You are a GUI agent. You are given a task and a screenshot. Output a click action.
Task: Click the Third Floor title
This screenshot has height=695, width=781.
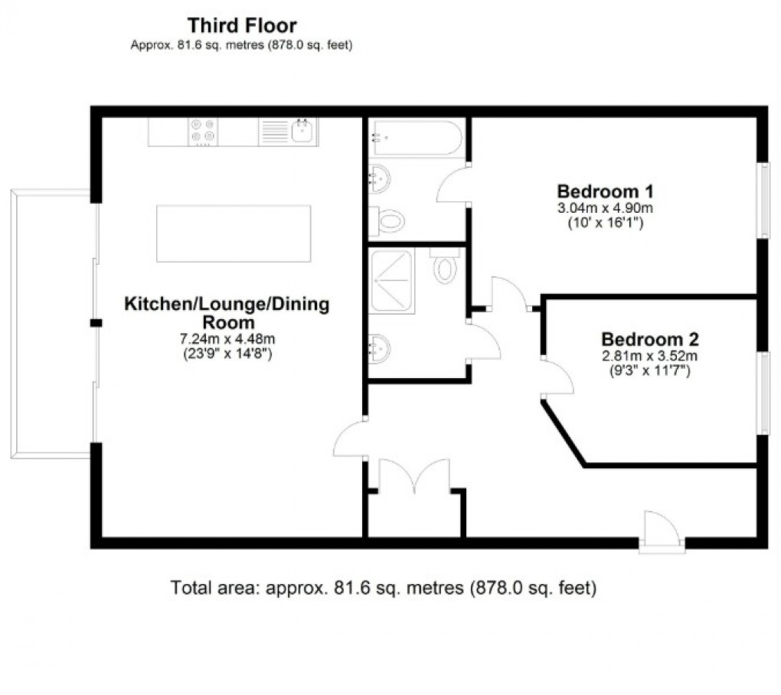point(242,27)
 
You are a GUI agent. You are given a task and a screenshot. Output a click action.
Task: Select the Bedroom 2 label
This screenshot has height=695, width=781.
point(650,338)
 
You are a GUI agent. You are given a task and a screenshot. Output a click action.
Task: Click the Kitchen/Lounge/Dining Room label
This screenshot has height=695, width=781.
point(227,312)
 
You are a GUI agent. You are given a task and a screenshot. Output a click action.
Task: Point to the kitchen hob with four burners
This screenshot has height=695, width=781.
point(203,132)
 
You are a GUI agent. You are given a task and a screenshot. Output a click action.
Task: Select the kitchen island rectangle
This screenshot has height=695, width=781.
point(234,233)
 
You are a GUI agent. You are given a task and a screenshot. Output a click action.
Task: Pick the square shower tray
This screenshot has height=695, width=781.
point(392,282)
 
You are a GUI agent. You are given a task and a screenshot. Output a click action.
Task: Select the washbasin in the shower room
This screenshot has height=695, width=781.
point(380,350)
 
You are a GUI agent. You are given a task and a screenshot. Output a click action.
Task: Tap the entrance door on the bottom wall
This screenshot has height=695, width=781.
point(662,530)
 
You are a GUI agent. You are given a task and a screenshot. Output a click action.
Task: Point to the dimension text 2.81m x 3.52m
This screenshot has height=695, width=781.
point(650,356)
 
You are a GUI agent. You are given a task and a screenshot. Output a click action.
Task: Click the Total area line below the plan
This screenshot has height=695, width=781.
point(382,589)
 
